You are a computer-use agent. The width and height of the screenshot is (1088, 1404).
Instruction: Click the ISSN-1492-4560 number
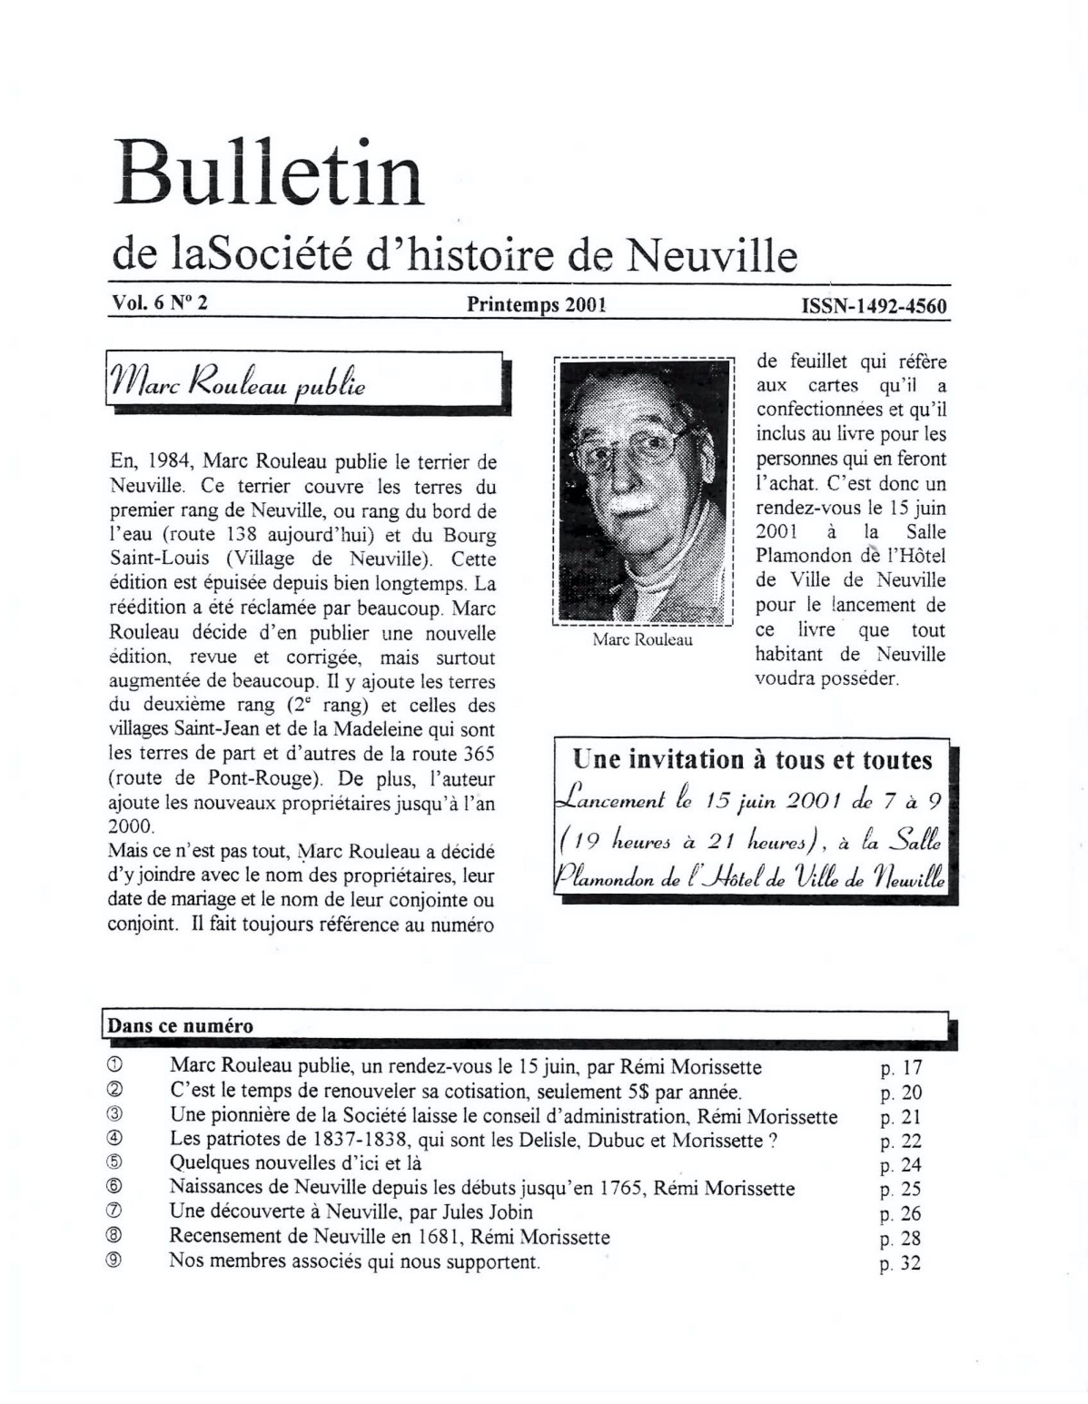click(x=874, y=306)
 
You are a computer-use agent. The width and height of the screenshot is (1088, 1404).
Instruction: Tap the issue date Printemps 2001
click(x=536, y=305)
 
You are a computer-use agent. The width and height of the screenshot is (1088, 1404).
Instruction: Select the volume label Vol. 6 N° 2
click(x=159, y=303)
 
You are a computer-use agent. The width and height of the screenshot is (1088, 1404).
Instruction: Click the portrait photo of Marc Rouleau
click(x=643, y=490)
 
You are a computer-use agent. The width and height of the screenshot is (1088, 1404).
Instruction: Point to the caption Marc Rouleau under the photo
click(x=642, y=639)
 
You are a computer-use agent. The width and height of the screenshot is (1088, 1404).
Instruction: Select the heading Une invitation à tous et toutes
click(x=752, y=759)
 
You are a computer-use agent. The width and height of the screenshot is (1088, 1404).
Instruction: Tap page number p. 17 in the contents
click(x=900, y=1068)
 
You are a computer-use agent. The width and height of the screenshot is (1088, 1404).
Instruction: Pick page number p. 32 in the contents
click(x=900, y=1263)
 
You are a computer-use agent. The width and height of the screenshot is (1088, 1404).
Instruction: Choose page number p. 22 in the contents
click(x=900, y=1142)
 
